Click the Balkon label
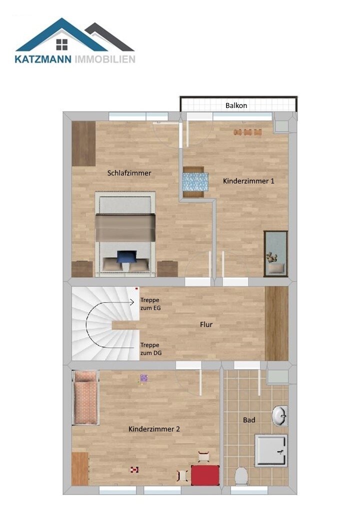click(x=236, y=105)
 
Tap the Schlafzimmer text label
click(x=129, y=173)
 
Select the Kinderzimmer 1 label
click(x=248, y=181)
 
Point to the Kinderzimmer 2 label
click(x=154, y=429)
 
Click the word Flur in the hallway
click(x=206, y=324)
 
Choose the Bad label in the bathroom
click(x=249, y=420)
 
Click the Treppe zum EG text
click(x=150, y=303)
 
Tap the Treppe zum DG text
click(x=150, y=348)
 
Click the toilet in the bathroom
click(x=241, y=475)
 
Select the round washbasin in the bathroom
click(x=279, y=416)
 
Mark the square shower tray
click(x=271, y=450)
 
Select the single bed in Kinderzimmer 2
click(x=86, y=398)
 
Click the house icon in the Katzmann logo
click(x=62, y=44)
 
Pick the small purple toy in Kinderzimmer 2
click(x=144, y=378)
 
